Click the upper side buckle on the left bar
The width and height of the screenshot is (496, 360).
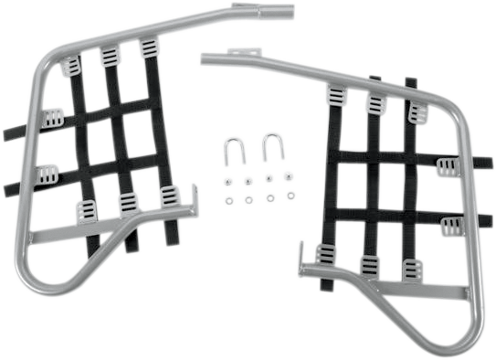53,117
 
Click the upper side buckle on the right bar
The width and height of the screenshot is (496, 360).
447,167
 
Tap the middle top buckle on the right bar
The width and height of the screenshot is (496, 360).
375,102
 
